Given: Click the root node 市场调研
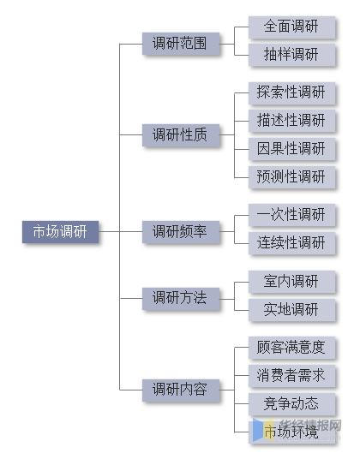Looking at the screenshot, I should (x=60, y=232).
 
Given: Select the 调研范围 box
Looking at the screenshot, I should (x=180, y=43).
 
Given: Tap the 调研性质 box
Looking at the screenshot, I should (x=180, y=134).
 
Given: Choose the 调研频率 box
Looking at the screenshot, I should (x=180, y=231).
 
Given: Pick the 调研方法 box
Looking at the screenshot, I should (x=180, y=298).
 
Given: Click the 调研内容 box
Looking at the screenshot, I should (x=180, y=390).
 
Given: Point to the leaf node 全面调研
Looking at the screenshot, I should (x=291, y=27).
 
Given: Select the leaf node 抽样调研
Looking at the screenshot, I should (x=291, y=55).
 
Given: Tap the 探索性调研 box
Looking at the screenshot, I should (x=291, y=92).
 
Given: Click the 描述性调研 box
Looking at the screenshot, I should (x=291, y=120).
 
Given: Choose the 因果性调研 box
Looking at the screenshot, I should (x=291, y=148).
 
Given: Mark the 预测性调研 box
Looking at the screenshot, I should (x=291, y=176).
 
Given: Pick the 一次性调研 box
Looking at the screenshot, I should (x=291, y=214).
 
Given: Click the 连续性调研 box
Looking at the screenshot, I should (x=291, y=242).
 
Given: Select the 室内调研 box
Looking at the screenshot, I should (x=291, y=281).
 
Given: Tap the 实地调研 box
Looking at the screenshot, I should (x=291, y=309).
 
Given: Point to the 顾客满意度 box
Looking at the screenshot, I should (x=291, y=348).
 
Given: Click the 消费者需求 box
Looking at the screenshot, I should (x=291, y=375).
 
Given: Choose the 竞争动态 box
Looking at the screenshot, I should (x=291, y=403).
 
